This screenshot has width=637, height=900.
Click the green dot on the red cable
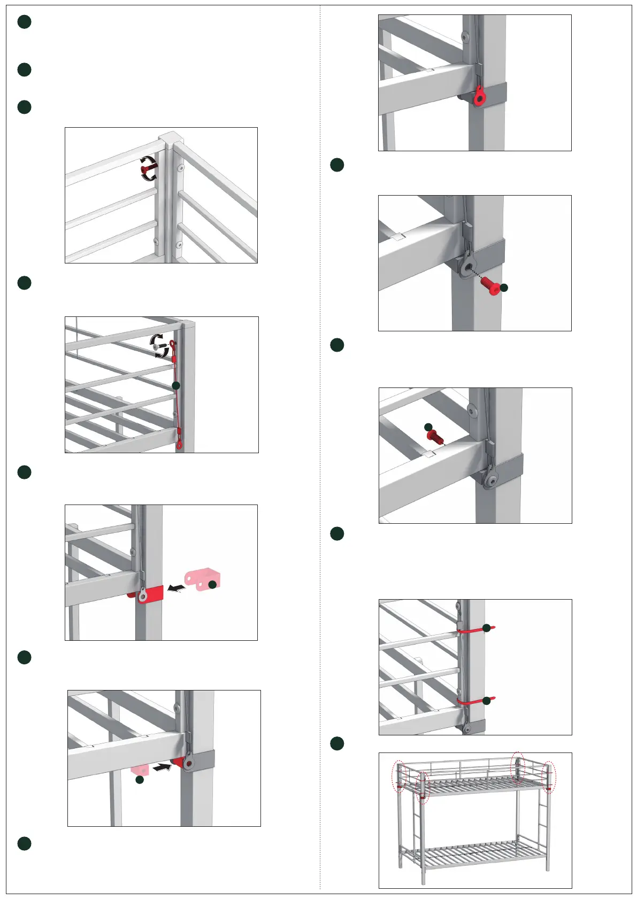tap(176, 385)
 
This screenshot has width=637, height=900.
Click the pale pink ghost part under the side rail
tap(140, 770)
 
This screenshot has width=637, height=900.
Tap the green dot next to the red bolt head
tap(503, 288)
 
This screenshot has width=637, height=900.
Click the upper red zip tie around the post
tap(473, 630)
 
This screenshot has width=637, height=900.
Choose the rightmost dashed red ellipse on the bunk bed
tap(549, 778)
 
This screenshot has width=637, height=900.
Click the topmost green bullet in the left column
tap(24, 22)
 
